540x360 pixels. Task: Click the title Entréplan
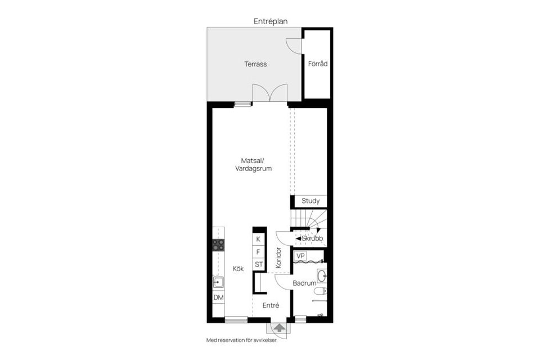[270, 21]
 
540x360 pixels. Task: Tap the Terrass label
[255, 64]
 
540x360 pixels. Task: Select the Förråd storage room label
[317, 64]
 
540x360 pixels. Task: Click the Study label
[310, 201]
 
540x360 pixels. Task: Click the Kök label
[238, 268]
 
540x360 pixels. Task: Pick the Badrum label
[304, 283]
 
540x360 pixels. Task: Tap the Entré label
[271, 305]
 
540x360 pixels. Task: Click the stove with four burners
[218, 245]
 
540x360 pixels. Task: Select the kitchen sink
[218, 282]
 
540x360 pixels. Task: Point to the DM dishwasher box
[218, 298]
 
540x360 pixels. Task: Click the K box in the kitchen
[258, 239]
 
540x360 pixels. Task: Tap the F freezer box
[258, 251]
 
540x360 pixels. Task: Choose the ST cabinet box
[258, 264]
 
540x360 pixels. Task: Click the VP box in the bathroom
[301, 256]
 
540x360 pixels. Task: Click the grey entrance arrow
[279, 328]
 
